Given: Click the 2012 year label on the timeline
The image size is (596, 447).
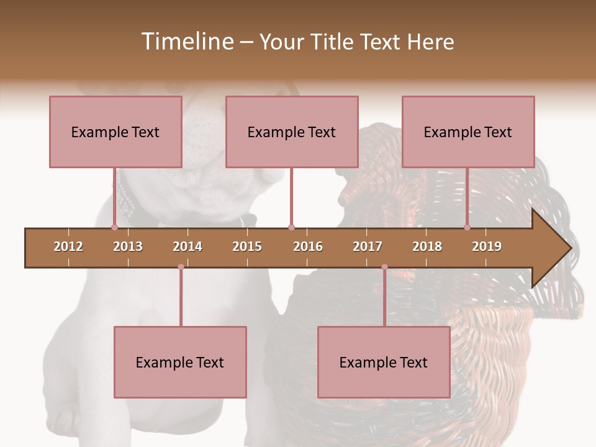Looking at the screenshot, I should [x=68, y=246].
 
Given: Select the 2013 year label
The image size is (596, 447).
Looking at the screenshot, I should [x=128, y=246].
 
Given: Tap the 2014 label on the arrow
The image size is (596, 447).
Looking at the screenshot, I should [x=187, y=246].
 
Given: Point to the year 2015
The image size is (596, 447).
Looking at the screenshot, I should [x=247, y=246].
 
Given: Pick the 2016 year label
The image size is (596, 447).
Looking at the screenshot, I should [x=308, y=246].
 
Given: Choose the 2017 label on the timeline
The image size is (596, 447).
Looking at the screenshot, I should [x=368, y=246].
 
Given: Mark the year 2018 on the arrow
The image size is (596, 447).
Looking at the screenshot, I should [x=427, y=246].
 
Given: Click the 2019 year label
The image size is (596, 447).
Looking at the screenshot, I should [x=487, y=246].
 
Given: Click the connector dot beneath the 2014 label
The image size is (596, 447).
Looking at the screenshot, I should [x=181, y=267].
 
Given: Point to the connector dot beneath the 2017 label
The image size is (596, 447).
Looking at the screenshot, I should [x=384, y=267].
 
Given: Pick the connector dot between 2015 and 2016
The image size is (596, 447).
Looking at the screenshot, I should [x=291, y=228].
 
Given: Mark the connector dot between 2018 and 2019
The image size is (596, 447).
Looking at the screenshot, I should [x=467, y=228].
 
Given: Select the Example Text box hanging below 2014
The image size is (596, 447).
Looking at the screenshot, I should [x=180, y=362].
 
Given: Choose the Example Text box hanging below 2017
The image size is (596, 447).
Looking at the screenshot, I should [x=384, y=362].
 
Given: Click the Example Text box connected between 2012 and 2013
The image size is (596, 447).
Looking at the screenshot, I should [x=115, y=132].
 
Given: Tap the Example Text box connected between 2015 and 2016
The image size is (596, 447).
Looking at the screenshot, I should [x=292, y=132].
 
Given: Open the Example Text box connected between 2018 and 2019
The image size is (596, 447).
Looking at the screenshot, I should [x=468, y=132].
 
